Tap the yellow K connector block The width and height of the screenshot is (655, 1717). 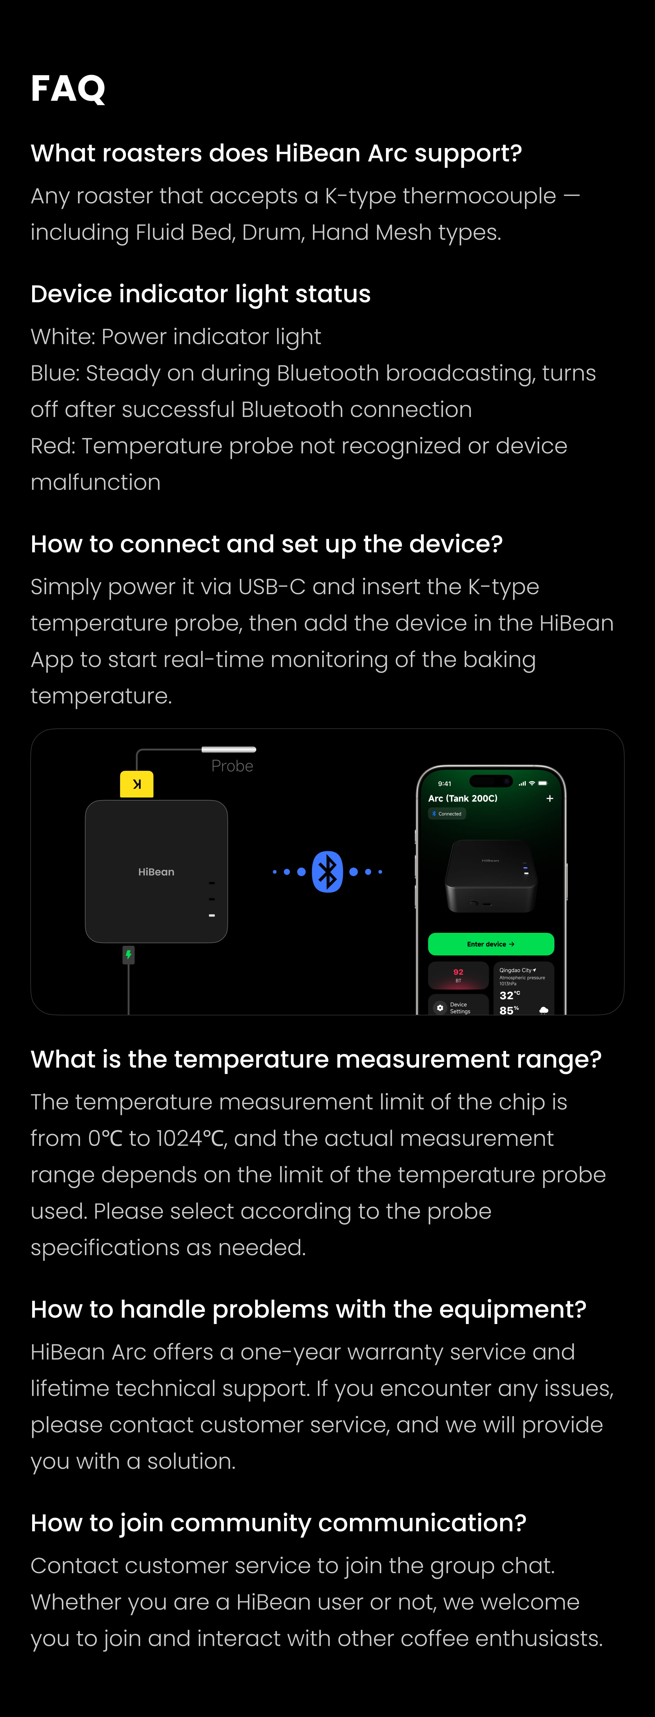136,784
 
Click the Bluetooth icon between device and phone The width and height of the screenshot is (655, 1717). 327,871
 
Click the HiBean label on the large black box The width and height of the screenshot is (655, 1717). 156,872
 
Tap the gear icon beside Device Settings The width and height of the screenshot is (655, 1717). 440,1008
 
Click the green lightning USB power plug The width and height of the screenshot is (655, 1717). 129,955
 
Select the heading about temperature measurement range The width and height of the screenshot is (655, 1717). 316,1059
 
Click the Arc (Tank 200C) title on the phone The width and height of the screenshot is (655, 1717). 462,798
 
